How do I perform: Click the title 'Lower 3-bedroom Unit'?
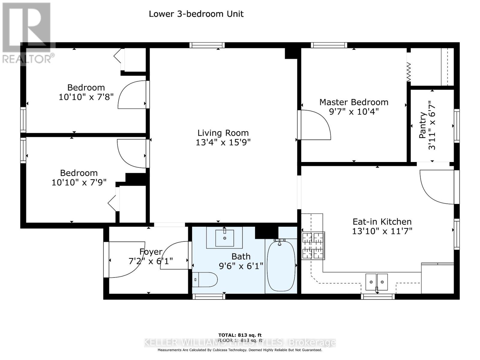(196, 14)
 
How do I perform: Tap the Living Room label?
(223, 133)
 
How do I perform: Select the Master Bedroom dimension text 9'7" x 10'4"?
(354, 112)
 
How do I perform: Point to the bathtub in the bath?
(281, 266)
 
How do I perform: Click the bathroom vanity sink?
(224, 238)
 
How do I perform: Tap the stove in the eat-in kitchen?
(313, 245)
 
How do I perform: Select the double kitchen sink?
(376, 282)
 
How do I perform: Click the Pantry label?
(423, 125)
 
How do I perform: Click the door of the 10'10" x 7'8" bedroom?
(132, 95)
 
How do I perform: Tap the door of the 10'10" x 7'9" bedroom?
(131, 153)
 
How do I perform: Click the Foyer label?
(151, 252)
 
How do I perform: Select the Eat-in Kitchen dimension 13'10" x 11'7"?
(382, 231)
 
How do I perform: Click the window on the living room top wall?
(207, 45)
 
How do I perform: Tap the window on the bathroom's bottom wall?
(209, 296)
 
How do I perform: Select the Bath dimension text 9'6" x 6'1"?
(241, 266)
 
